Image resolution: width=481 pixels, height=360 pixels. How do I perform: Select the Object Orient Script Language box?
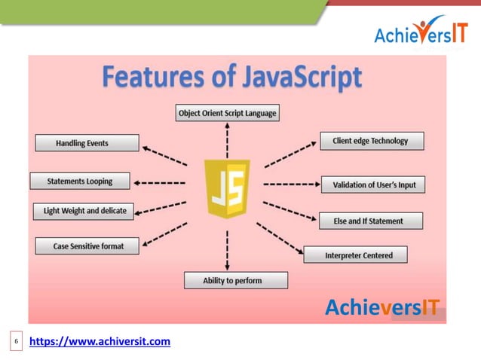pos(227,114)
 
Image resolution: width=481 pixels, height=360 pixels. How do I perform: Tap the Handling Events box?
pos(87,143)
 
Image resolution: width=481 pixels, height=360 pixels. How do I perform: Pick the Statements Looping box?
pos(81,182)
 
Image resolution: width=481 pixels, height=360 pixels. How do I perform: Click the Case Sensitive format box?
pos(87,246)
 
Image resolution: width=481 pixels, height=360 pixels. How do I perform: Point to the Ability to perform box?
pos(236,280)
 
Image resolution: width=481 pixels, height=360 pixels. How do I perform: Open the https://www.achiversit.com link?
pos(100,343)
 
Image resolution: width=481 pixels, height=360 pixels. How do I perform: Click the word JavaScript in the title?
pos(293,78)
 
